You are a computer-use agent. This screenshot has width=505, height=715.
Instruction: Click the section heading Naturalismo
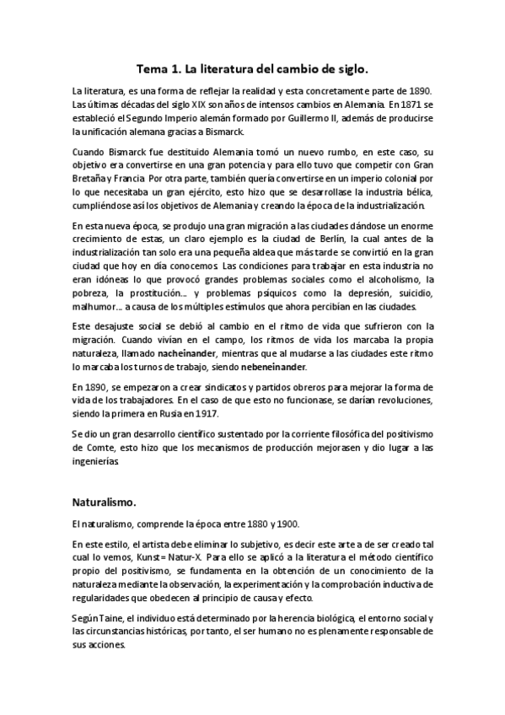click(x=104, y=503)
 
